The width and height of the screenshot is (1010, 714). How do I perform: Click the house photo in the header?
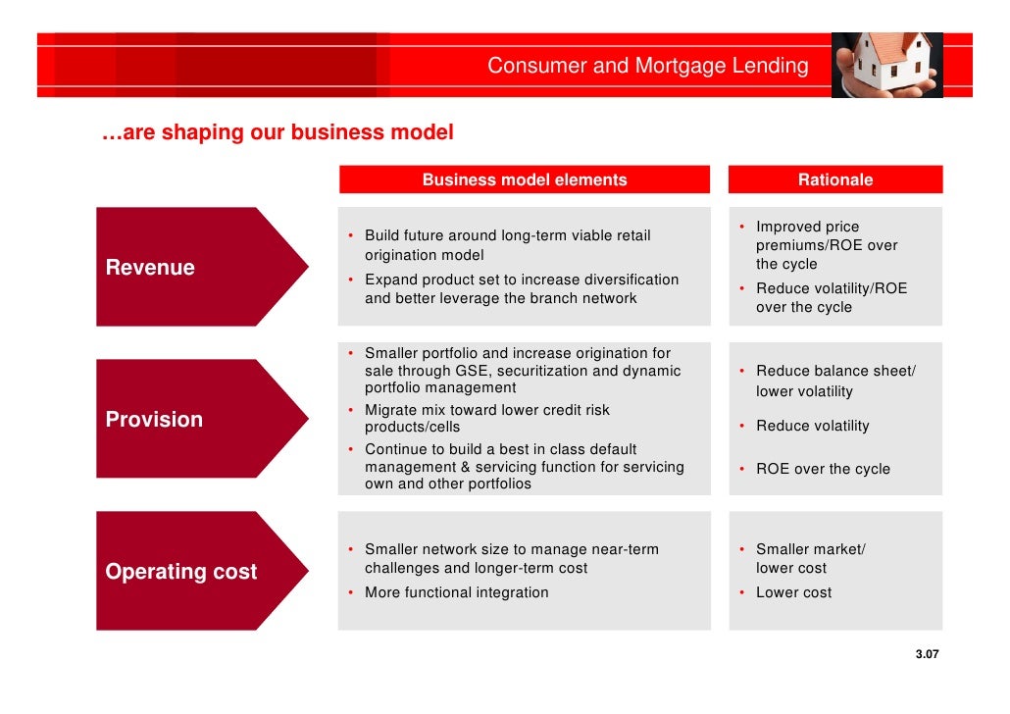[886, 65]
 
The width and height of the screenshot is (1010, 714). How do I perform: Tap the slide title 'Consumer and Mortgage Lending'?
[648, 67]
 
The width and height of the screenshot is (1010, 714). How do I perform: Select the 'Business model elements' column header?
[524, 179]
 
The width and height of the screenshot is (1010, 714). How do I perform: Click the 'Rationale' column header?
[834, 179]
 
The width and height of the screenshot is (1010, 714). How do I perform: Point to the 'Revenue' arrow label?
[150, 268]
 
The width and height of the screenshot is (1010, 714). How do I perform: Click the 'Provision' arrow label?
[154, 420]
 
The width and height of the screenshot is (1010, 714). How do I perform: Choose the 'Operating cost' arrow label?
[180, 572]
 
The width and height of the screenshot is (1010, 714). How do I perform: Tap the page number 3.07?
[927, 654]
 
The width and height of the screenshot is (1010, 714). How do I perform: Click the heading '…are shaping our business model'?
[278, 132]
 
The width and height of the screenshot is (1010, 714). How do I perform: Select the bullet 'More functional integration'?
[456, 592]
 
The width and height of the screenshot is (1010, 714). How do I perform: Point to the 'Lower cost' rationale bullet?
[793, 592]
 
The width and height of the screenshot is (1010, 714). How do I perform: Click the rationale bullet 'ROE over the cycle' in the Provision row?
[823, 469]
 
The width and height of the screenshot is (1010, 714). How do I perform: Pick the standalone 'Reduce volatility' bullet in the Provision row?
[812, 426]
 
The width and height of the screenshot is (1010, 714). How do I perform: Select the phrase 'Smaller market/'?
[810, 549]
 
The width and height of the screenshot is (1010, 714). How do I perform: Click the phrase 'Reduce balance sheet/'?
[835, 371]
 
